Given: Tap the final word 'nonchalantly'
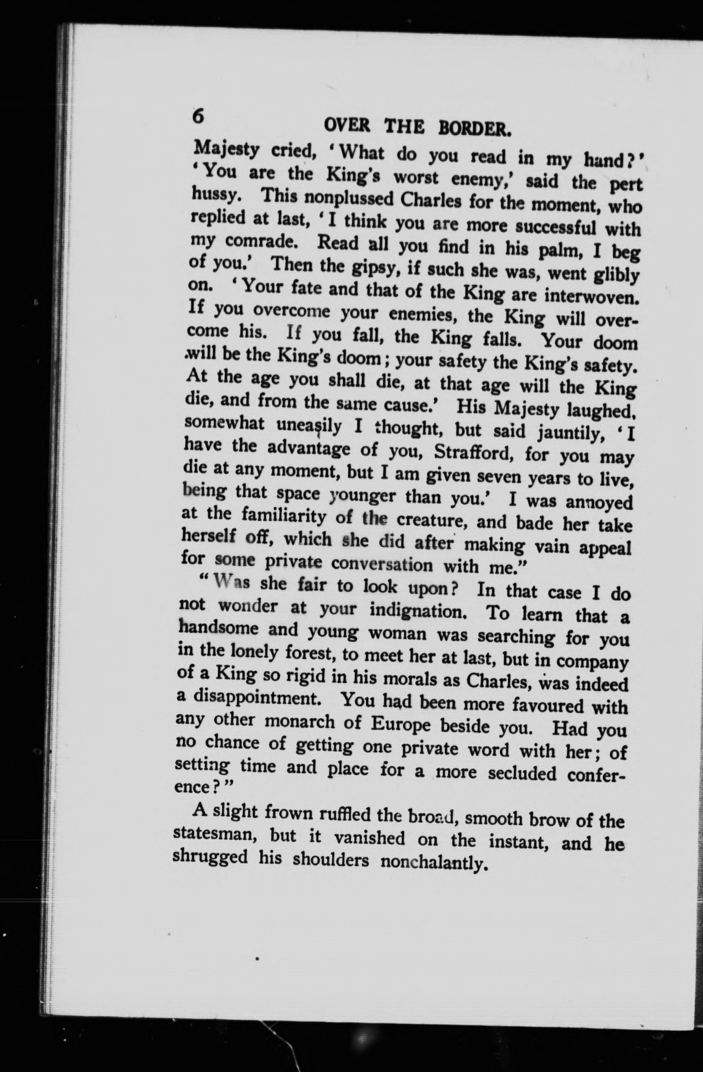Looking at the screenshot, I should tap(435, 862).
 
